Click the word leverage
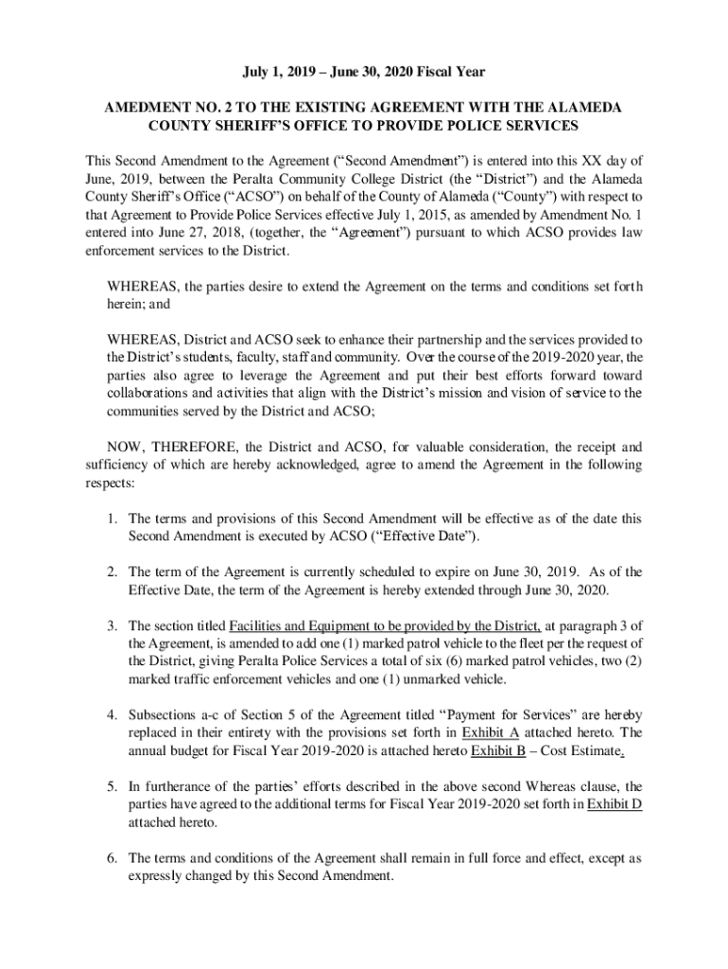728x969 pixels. [x=238, y=375]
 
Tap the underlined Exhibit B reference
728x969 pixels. [x=496, y=751]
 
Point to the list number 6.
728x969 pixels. [x=111, y=858]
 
